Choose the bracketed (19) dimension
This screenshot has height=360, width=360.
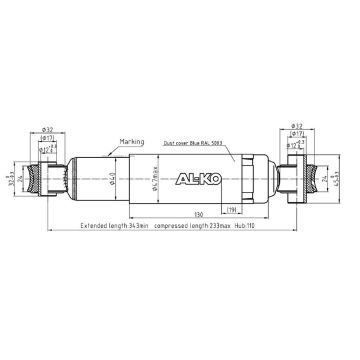point(230,209)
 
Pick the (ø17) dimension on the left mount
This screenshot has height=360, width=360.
point(48,138)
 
